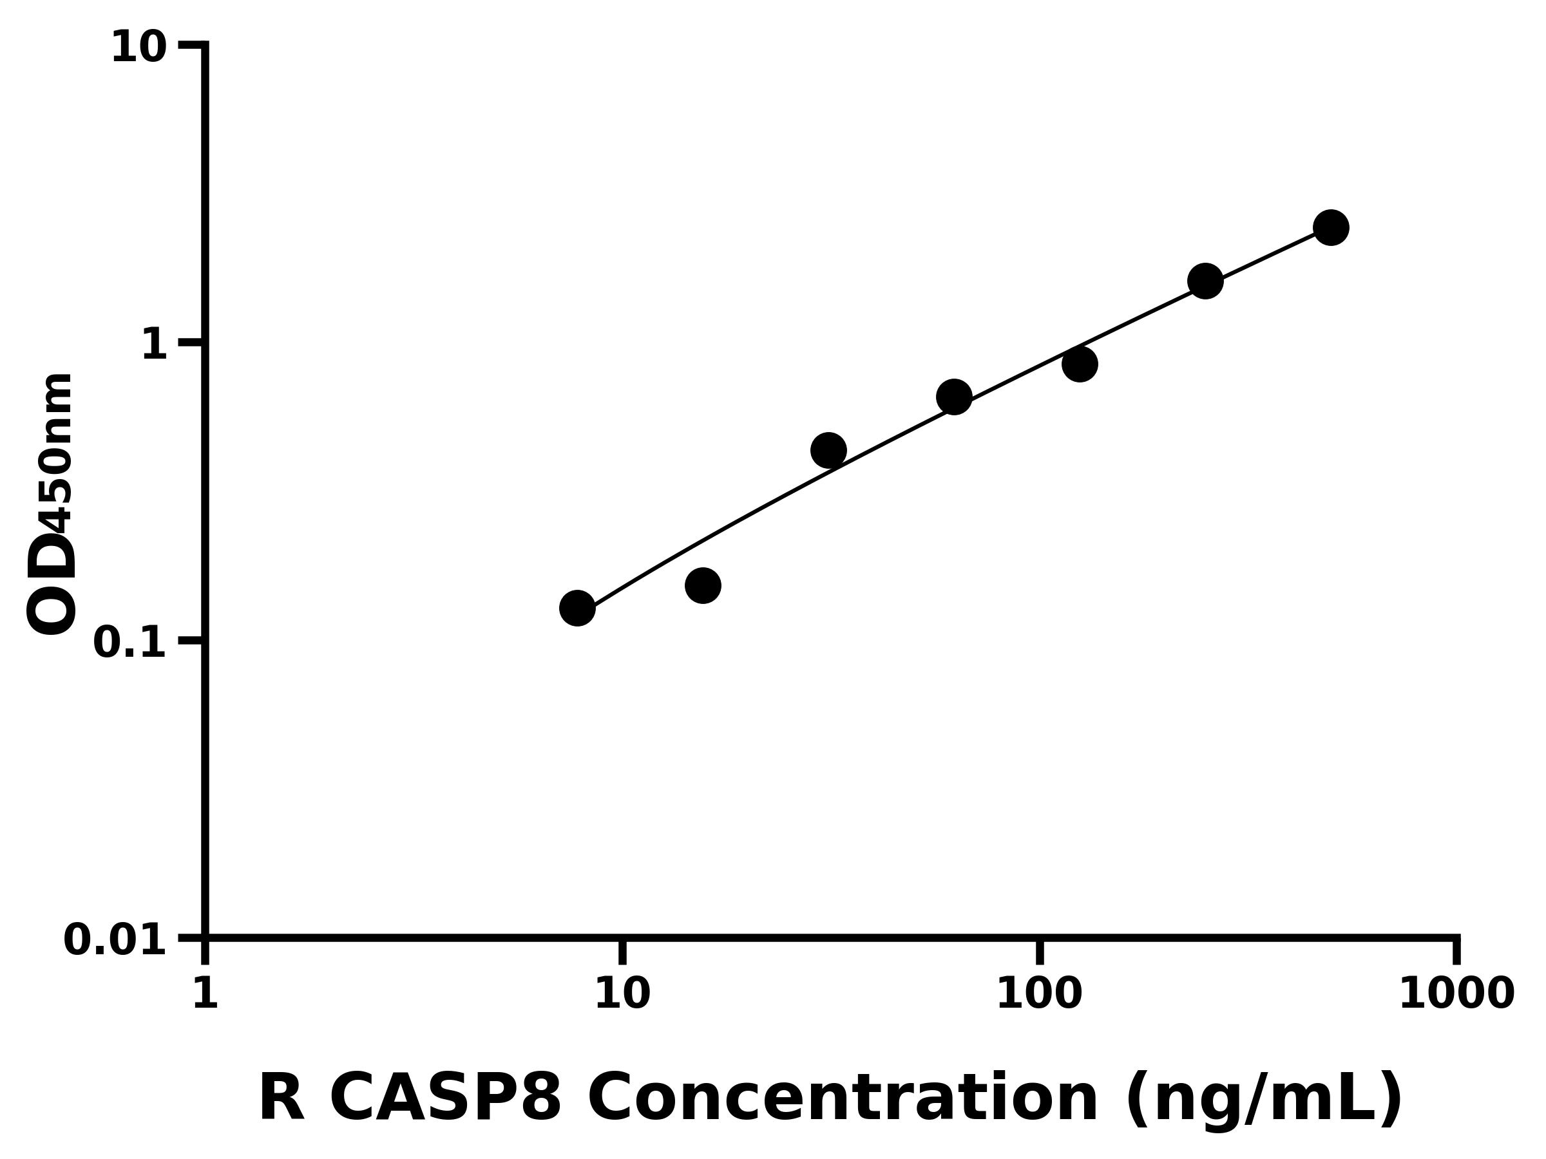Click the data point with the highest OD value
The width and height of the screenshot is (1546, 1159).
coord(1331,228)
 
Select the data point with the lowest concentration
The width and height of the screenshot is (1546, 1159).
coord(577,608)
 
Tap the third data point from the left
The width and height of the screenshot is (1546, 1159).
coord(829,451)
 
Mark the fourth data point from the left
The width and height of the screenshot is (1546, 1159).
coord(954,397)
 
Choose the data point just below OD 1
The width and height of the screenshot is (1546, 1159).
coord(1080,364)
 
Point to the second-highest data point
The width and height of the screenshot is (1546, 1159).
coord(1206,281)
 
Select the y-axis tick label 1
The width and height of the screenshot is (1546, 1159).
coord(155,345)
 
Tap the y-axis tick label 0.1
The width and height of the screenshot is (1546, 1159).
coord(130,643)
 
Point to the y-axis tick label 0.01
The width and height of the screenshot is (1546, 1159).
coord(115,940)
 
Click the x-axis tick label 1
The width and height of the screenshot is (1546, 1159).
coord(205,994)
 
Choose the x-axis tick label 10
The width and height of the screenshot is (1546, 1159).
coord(622,994)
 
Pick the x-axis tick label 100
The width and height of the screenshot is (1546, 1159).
coord(1039,994)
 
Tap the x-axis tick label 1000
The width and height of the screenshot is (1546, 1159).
coord(1456,994)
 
